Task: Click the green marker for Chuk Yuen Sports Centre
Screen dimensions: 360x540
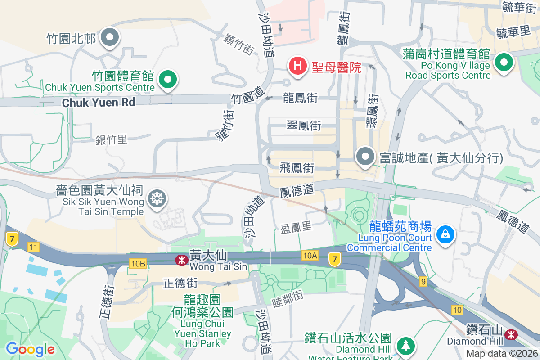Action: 168,80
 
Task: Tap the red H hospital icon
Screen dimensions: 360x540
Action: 297,66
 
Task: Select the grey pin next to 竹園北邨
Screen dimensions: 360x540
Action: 110,38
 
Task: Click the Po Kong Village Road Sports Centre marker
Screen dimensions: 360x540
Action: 504,63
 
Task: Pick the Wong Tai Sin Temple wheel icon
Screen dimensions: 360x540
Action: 157,198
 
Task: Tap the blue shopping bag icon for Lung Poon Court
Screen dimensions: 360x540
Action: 445,234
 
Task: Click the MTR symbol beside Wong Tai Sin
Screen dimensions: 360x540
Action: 181,260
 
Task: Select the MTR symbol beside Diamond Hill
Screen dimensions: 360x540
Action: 510,334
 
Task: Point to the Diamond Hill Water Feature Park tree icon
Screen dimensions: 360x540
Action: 406,346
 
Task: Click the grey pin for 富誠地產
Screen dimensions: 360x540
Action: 365,157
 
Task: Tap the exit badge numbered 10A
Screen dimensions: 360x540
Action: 310,256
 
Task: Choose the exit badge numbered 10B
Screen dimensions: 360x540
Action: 138,263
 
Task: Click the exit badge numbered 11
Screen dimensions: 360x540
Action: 33,247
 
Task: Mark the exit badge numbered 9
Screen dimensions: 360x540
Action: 423,281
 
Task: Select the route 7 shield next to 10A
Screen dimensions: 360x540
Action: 334,259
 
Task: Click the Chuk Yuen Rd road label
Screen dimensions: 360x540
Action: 99,103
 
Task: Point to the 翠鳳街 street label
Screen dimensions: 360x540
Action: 304,126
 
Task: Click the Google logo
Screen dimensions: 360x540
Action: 30,349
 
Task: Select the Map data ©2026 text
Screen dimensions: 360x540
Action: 501,353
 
